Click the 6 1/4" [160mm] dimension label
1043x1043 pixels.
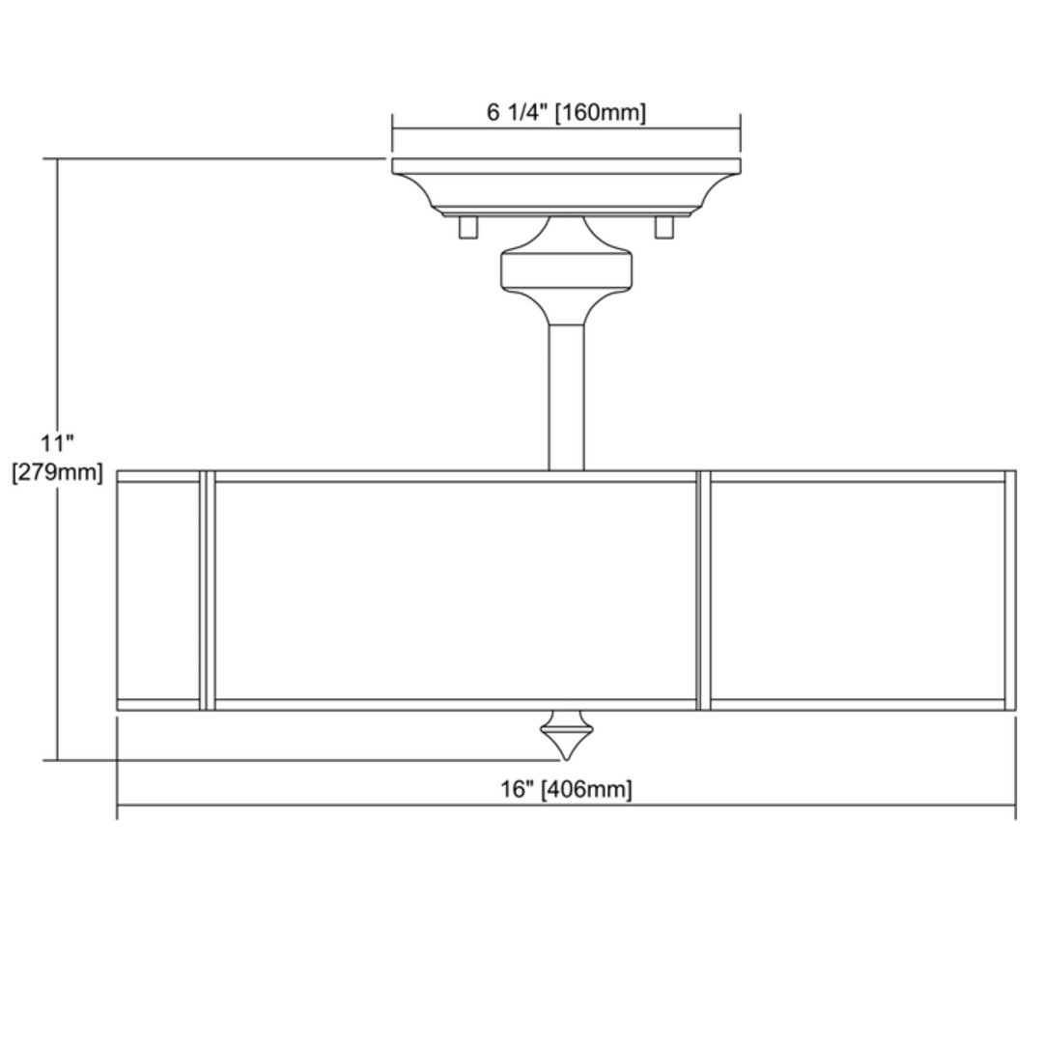pos(566,112)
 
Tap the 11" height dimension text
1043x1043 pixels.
pos(57,443)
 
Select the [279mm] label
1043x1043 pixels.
pos(57,472)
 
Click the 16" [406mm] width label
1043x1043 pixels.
pos(566,790)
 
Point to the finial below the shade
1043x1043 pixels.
pos(566,735)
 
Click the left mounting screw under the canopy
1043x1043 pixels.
pos(468,227)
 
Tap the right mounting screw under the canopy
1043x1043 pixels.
pos(663,227)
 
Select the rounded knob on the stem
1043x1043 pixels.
pos(566,269)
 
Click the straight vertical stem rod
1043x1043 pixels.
pos(566,397)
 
